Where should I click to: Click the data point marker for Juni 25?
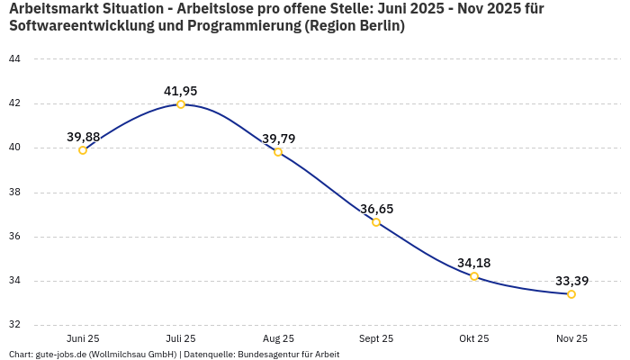pos(83,150)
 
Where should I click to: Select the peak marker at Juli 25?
pos(181,104)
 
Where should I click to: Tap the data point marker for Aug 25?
pos(278,152)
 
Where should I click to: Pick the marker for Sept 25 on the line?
pos(376,222)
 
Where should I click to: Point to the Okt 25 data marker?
pos(474,276)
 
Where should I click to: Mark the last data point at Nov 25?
pos(571,294)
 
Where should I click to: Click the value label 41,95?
pos(181,91)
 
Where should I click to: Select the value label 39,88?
pos(84,137)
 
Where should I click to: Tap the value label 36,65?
pos(377,209)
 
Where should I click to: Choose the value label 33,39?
pos(572,281)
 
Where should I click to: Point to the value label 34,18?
pos(474,263)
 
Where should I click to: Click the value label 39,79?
pos(279,139)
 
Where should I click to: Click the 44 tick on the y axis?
pos(14,59)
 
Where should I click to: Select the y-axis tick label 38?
pos(14,193)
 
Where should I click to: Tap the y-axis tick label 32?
pos(14,326)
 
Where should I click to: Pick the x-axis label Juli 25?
pos(181,338)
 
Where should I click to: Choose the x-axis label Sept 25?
pos(376,338)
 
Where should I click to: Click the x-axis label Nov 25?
pos(571,338)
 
